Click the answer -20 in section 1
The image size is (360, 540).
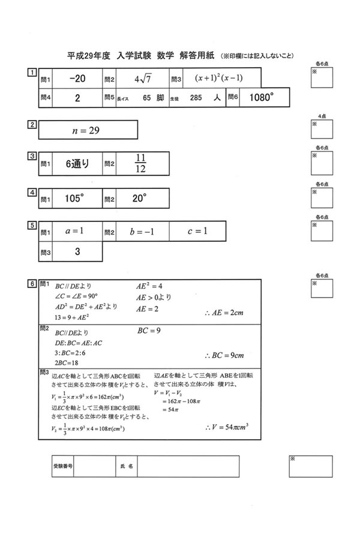(x=77, y=78)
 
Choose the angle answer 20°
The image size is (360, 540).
(x=139, y=198)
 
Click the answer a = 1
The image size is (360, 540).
(x=74, y=231)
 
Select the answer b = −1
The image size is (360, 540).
(x=142, y=231)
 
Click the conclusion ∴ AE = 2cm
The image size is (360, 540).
(x=224, y=313)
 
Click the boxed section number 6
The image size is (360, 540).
(x=31, y=283)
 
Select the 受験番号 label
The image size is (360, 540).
(x=62, y=464)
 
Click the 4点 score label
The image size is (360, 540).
(x=322, y=115)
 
